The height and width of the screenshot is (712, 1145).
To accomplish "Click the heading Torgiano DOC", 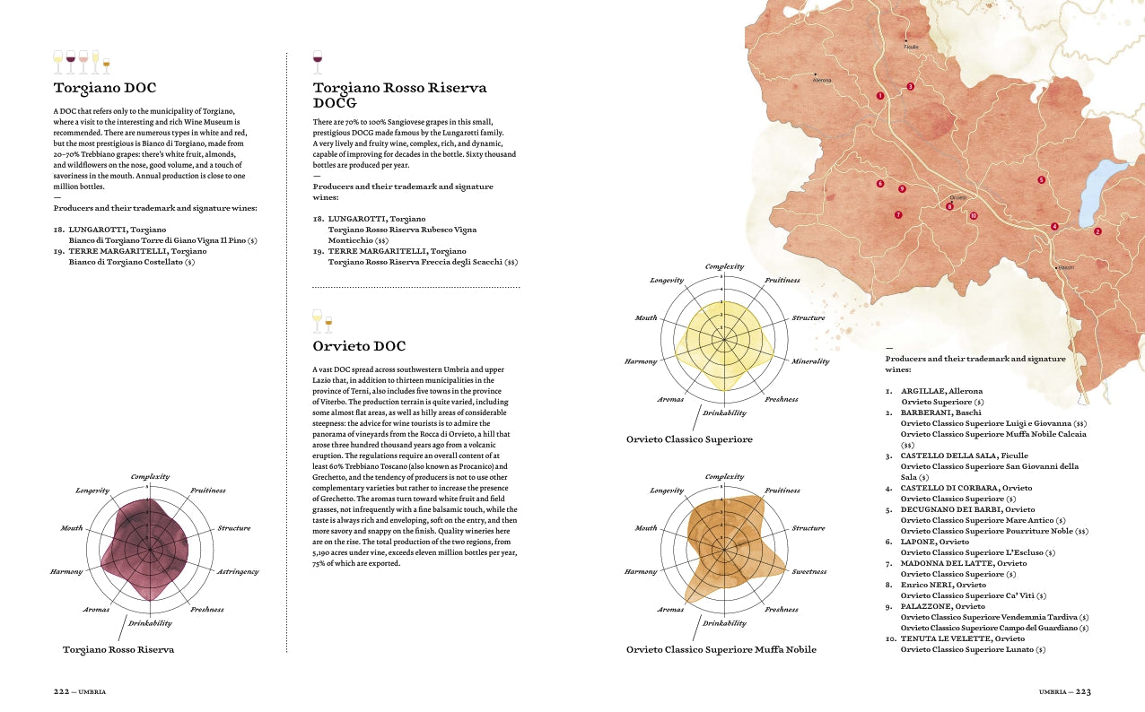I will [105, 88].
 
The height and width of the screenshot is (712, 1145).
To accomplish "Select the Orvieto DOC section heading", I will [359, 346].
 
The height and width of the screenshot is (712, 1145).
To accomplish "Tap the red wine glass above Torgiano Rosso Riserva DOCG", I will [317, 61].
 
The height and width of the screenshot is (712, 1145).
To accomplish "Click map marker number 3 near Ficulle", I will [910, 86].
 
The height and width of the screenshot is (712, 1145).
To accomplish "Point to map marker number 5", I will [1041, 180].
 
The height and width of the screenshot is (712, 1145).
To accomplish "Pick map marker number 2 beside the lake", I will [1097, 231].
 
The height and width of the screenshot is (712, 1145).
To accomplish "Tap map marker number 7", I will [897, 215].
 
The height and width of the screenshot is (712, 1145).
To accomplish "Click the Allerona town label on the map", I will [822, 81].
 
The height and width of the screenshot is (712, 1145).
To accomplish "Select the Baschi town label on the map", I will [1066, 267].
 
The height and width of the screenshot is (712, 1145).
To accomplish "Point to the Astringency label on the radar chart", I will [238, 571].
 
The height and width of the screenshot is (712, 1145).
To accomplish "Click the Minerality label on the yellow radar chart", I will [810, 361].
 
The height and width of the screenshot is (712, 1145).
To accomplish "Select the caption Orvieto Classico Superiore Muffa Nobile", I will [721, 649].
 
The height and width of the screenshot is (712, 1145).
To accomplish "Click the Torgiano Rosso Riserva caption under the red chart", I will [118, 649].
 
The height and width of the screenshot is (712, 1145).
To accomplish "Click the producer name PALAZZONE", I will [929, 606].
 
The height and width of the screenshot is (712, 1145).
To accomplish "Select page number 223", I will [1083, 692].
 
